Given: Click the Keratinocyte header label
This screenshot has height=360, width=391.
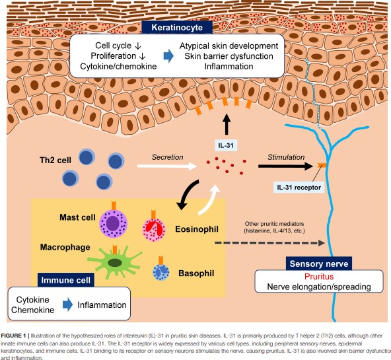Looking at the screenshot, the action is click(177, 27).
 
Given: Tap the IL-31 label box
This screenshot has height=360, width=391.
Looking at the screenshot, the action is click(226, 145).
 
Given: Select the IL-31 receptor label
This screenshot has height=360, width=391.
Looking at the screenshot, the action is click(299, 187).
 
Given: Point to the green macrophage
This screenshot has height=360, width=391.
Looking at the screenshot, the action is click(115, 262).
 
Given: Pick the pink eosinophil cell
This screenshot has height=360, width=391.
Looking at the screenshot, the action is click(154, 229).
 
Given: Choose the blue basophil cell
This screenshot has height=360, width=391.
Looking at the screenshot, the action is click(161, 272).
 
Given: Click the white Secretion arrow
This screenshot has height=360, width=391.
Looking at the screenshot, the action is click(167, 166).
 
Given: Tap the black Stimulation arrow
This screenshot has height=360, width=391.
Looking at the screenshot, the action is click(286, 166).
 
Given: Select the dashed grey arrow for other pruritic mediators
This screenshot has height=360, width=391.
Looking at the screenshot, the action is click(270, 242).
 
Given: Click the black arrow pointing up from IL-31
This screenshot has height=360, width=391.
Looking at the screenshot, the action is click(227, 125).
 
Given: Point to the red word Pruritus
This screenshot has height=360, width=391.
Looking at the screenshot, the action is click(319, 277).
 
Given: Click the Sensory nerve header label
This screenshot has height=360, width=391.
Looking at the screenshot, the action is click(319, 264).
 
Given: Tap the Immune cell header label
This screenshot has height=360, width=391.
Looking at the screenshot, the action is click(66, 280).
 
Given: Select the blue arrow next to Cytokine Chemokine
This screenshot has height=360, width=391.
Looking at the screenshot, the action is click(67, 305).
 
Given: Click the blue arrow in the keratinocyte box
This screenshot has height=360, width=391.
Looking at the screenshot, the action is click(168, 56).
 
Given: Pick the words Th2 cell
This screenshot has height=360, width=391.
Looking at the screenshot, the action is click(55, 160).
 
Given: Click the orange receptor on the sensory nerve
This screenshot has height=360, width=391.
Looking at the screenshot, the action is click(322, 164).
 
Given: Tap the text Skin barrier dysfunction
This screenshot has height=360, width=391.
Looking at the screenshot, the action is click(229, 56).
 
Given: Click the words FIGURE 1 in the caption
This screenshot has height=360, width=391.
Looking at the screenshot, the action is click(13, 336).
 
